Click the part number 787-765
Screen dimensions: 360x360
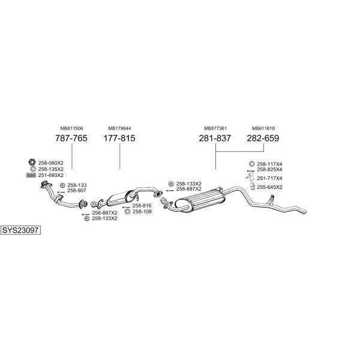pos(71,138)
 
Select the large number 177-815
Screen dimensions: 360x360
pos(119,138)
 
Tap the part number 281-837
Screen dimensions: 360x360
pos(215,138)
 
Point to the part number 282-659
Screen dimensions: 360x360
pos(263,138)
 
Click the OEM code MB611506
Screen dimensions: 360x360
pos(71,128)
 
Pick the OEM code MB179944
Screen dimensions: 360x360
pos(119,128)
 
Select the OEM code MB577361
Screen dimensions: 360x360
pos(215,128)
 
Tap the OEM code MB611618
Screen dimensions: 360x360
pos(263,128)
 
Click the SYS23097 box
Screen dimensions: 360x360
pos(20,230)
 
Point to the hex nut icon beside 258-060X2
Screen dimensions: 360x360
pos(32,162)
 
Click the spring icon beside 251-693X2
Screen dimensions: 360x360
pos(31,175)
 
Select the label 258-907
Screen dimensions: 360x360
pos(77,191)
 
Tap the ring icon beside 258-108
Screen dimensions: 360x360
pos(127,211)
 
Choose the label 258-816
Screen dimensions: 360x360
pos(142,206)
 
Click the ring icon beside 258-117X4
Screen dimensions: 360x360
pos(251,164)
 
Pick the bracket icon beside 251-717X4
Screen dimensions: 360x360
pos(250,178)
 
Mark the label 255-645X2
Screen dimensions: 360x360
pos(269,187)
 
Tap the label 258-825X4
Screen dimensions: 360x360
pos(269,169)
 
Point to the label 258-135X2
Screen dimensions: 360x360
pos(51,169)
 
